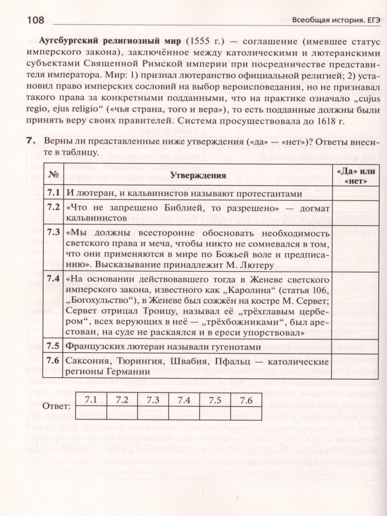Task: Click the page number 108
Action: tap(38, 20)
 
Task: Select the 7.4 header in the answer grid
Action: tap(184, 400)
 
